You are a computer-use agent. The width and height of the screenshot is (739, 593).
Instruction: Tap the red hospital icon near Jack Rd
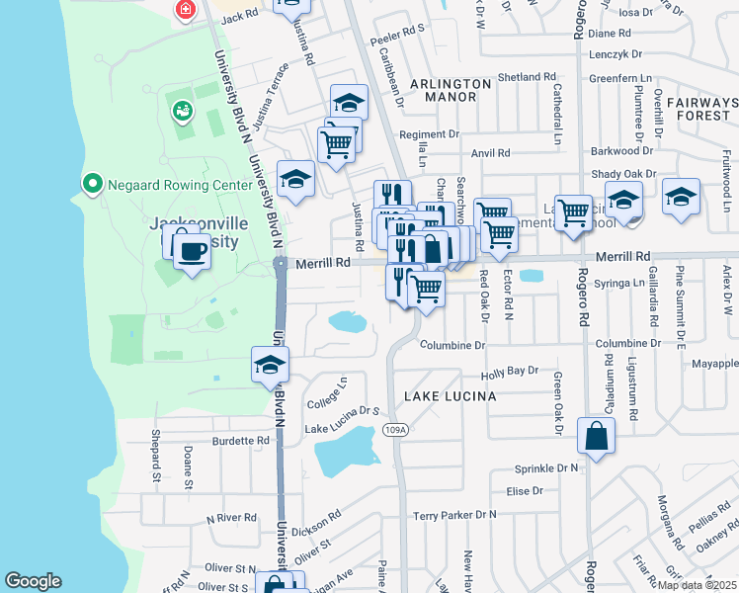point(184,10)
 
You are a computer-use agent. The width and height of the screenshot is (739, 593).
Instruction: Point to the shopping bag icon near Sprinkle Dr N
point(597,436)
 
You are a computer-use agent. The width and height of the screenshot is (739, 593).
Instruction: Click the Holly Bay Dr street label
point(509,372)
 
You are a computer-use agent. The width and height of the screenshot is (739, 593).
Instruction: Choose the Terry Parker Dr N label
point(454,515)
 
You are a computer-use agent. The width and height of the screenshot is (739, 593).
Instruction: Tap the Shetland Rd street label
point(527,77)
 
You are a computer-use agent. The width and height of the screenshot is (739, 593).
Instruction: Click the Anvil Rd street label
point(490,153)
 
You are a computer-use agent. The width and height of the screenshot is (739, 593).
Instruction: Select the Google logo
point(33,581)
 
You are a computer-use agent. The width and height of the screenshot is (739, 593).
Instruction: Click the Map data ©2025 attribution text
point(697,585)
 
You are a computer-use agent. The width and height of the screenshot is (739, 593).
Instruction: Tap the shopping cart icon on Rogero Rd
point(573,212)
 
